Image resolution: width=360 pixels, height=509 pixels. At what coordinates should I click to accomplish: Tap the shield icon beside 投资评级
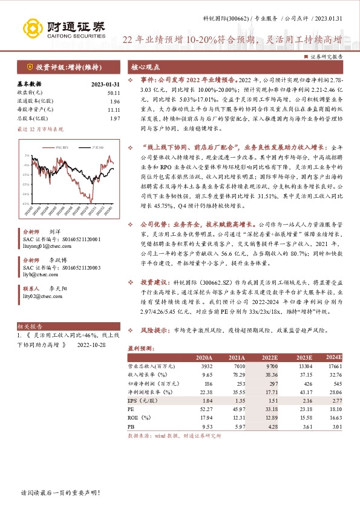[30, 66]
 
